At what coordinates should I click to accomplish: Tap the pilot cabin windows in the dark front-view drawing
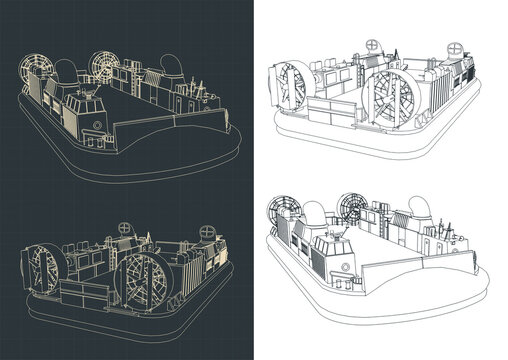(x=86, y=104)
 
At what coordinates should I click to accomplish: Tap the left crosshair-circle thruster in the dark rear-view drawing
(x=124, y=227)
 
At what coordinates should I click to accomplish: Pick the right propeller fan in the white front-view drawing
(x=354, y=211)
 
